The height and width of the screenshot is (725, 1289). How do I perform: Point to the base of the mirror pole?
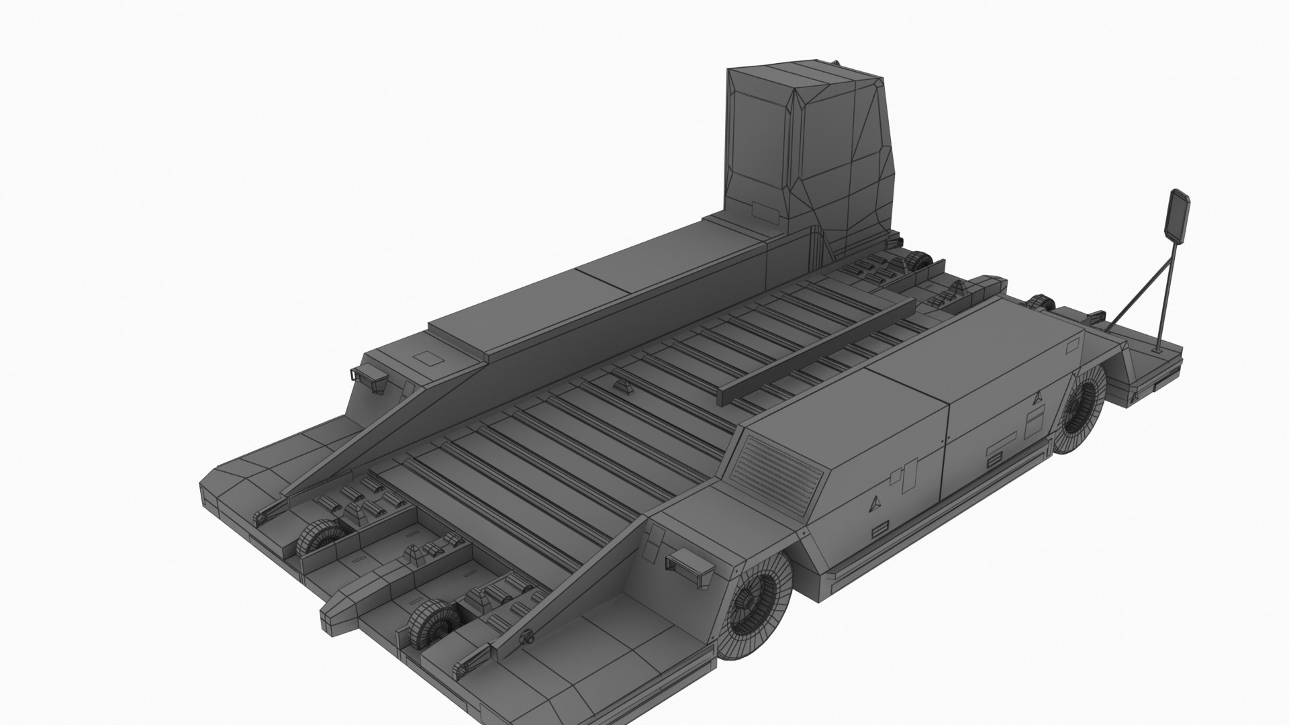[x=1157, y=350]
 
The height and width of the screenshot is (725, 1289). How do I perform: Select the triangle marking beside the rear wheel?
[x=1039, y=397]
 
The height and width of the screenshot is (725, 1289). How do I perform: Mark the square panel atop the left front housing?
[x=425, y=358]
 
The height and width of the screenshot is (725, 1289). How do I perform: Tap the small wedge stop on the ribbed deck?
[x=621, y=387]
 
